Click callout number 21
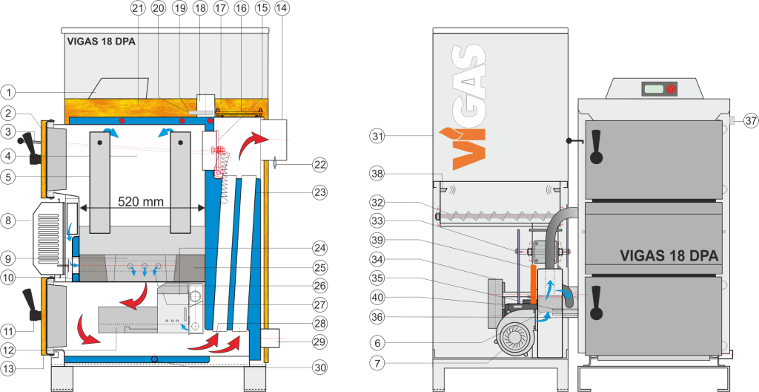(136, 8)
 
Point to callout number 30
(319, 367)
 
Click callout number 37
(750, 122)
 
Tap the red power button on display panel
(670, 89)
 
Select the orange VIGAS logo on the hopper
(468, 108)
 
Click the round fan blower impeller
(515, 338)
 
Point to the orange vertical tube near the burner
(533, 284)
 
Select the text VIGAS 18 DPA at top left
(100, 42)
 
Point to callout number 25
(319, 267)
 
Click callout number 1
(8, 91)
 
